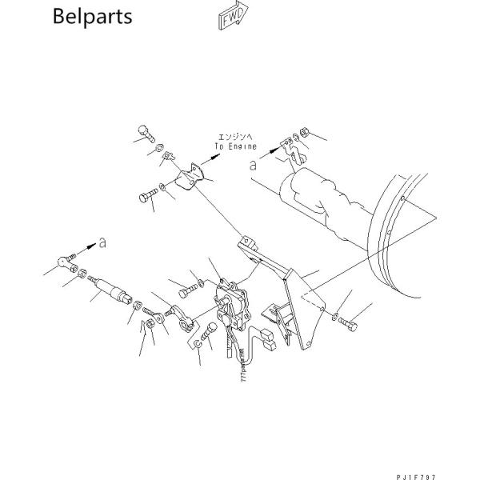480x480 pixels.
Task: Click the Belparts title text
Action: [x=92, y=18]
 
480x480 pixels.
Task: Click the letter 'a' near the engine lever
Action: [x=254, y=166]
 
